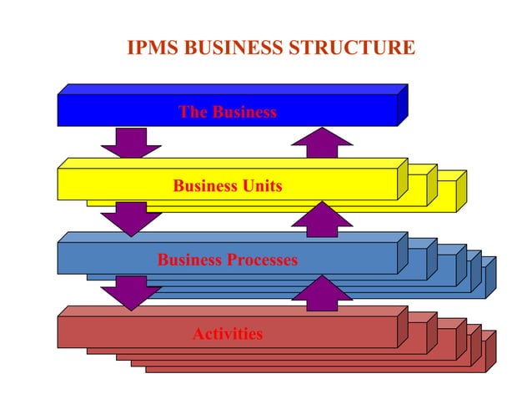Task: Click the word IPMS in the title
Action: tap(152, 48)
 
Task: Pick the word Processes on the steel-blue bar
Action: tap(258, 260)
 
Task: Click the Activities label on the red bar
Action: tap(228, 335)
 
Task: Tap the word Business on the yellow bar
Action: tap(201, 186)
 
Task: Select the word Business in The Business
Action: tap(244, 112)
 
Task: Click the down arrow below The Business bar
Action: tap(131, 142)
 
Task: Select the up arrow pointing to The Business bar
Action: tap(322, 142)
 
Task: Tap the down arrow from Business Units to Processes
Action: tap(131, 219)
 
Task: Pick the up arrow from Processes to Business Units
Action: tap(322, 219)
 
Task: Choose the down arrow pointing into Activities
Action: tap(131, 292)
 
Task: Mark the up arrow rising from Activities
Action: tap(322, 294)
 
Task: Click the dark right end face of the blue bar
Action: tap(403, 105)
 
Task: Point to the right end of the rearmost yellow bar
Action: tap(461, 191)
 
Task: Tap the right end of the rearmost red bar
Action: tap(490, 351)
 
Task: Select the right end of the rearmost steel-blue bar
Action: tap(490, 277)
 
